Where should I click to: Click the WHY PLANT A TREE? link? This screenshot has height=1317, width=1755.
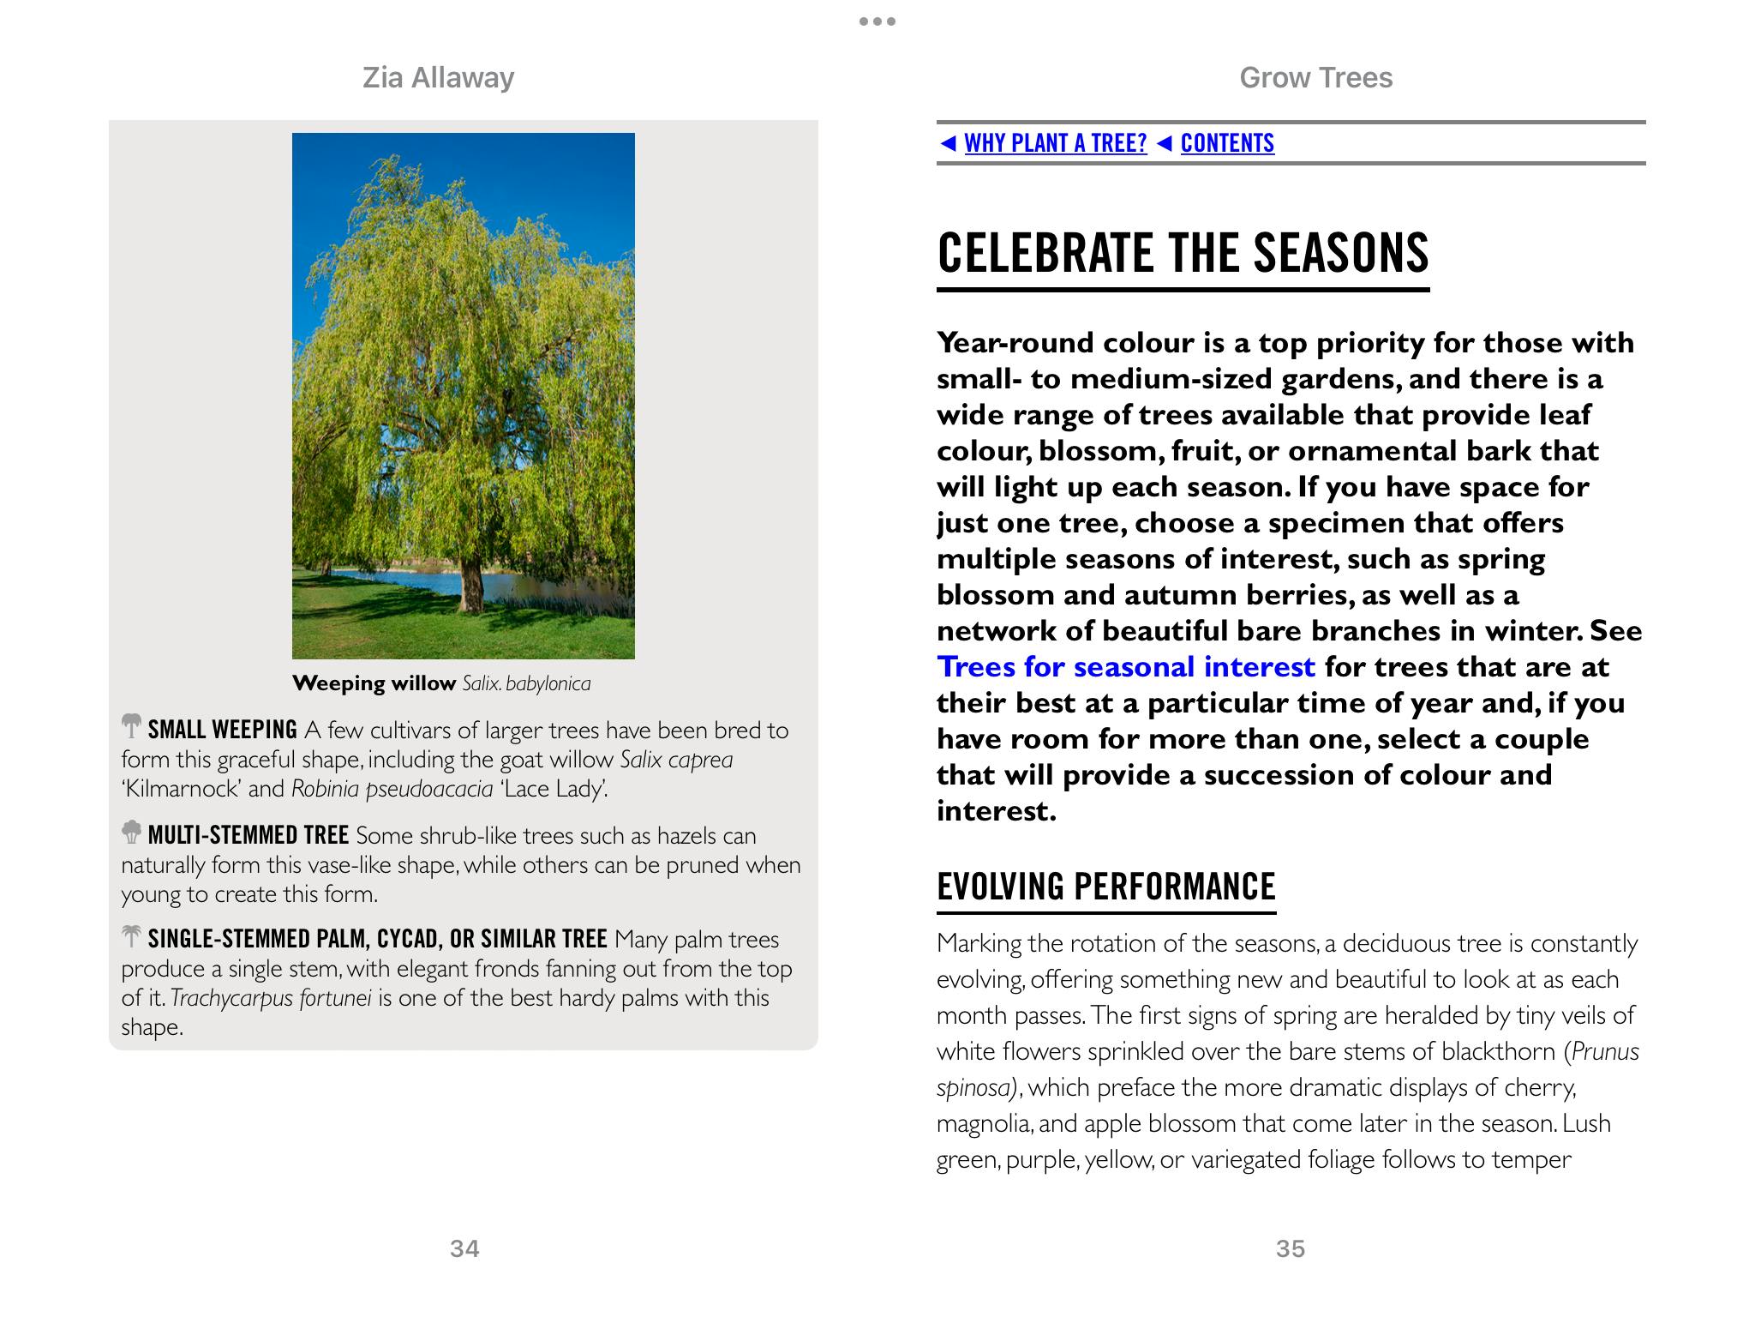coord(1055,143)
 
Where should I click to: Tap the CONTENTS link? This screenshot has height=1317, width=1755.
coord(1227,143)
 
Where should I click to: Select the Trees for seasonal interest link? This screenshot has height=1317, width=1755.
coord(1125,667)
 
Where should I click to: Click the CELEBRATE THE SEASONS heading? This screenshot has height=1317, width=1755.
coord(1183,253)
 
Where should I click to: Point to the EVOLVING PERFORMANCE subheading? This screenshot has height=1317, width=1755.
coord(1105,887)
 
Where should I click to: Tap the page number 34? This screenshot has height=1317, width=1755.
coord(464,1248)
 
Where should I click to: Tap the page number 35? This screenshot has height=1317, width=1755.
coord(1290,1248)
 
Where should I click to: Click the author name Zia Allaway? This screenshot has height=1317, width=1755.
coord(438,78)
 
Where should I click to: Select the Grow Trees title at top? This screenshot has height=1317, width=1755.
coord(1315,78)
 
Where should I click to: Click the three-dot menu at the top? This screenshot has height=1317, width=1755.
coord(877,21)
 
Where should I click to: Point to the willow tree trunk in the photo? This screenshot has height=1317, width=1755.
coord(470,583)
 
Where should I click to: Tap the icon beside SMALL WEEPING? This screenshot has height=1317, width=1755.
coord(131,726)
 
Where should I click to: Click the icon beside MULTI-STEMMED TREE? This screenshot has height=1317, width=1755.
coord(131,832)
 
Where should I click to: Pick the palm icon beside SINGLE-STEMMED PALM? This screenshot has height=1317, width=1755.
coord(131,935)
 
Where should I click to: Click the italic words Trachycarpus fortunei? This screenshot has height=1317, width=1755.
coord(271,998)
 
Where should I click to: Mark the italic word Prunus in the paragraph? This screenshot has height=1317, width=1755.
coord(1605,1051)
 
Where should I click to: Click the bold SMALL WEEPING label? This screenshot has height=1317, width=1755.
coord(222,730)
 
